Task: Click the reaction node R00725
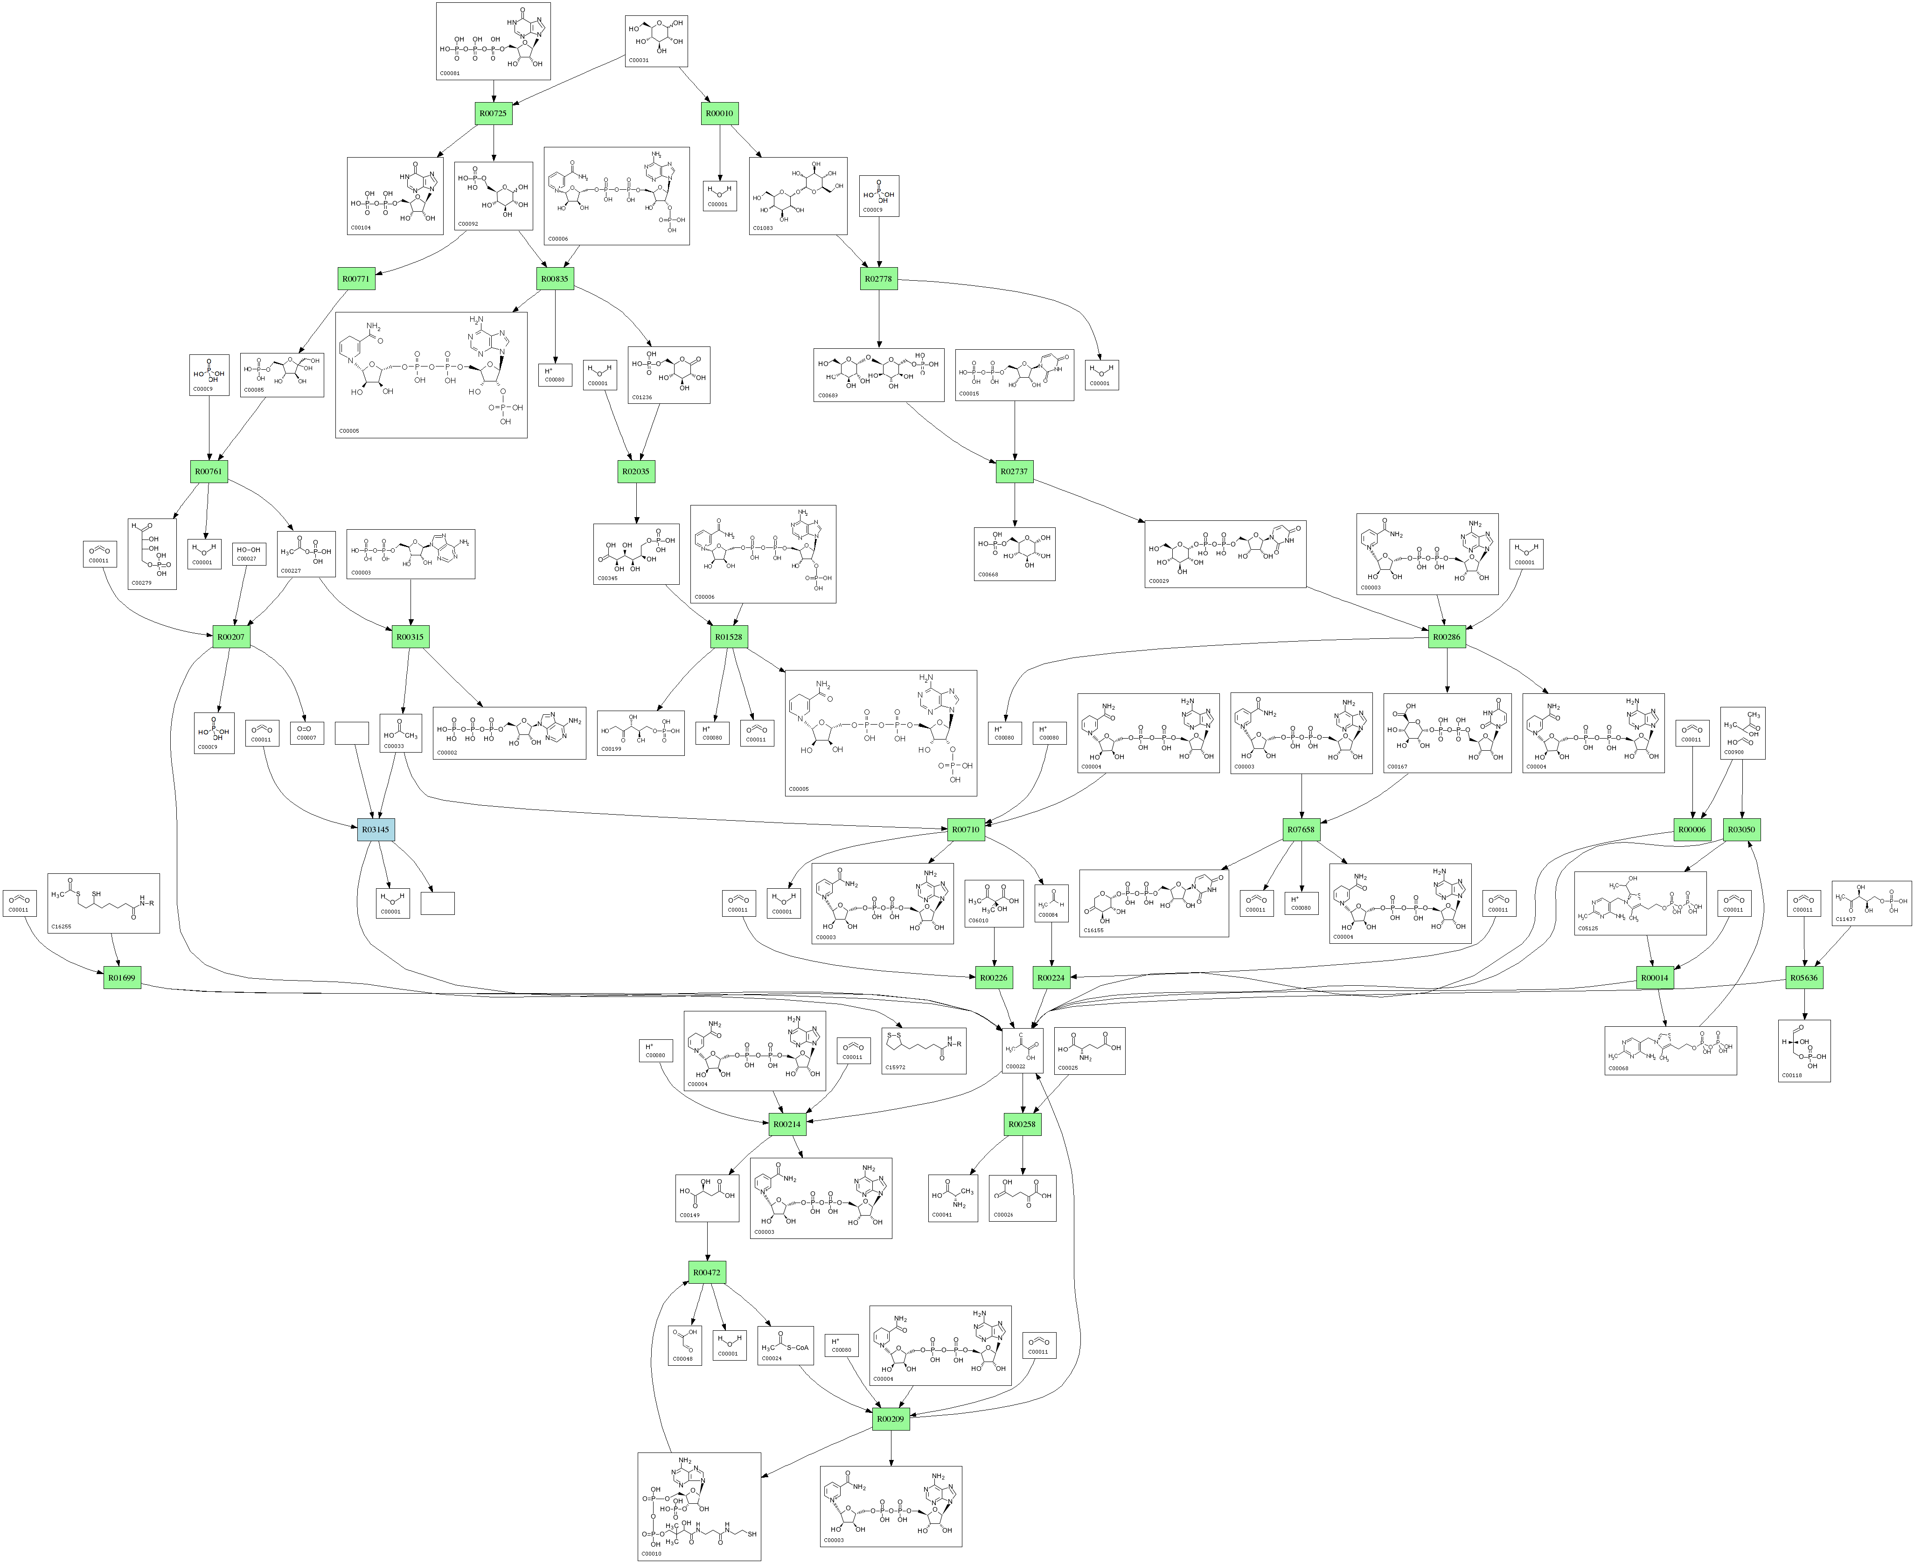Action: [494, 113]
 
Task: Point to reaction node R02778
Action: [878, 279]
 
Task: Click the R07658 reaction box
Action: [1301, 829]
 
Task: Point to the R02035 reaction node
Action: [636, 471]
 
